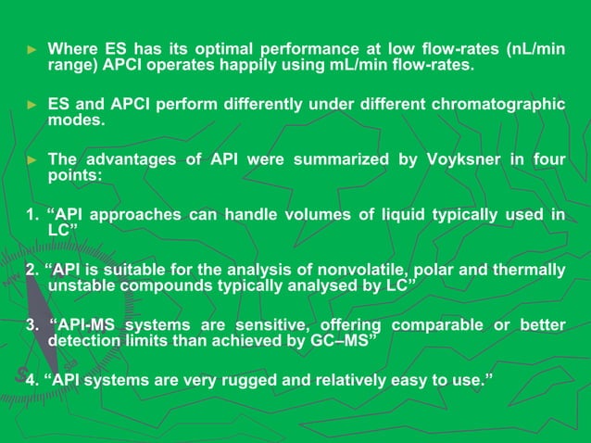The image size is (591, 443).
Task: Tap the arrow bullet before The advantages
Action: click(x=28, y=159)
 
